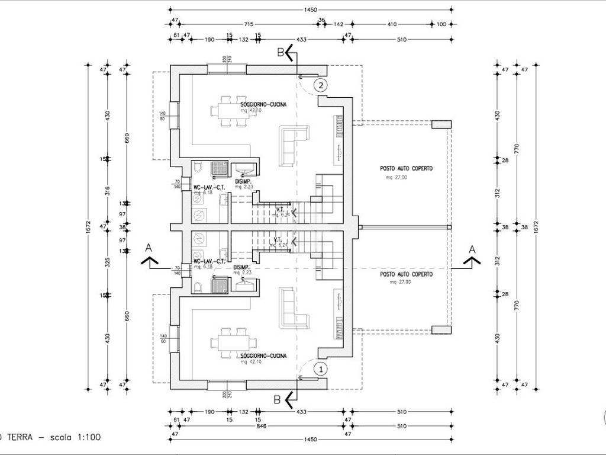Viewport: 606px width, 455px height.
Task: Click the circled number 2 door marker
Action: (320, 85)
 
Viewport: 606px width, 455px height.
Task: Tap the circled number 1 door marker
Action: (320, 369)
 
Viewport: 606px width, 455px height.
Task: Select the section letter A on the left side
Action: (149, 248)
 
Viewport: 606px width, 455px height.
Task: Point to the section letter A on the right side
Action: (472, 249)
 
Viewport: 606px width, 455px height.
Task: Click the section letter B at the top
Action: (281, 52)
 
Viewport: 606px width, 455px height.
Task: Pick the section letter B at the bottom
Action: (276, 399)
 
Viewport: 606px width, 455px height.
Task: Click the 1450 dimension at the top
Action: (310, 9)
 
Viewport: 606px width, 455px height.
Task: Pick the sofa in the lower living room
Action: (293, 308)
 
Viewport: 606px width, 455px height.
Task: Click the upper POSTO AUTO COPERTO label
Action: (406, 169)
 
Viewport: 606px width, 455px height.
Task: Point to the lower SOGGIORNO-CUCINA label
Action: (263, 355)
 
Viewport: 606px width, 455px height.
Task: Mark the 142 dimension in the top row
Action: (339, 24)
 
